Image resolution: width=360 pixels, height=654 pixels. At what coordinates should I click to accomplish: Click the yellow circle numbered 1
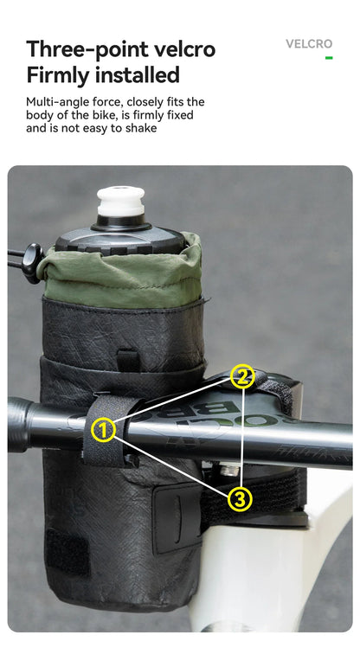coord(103,431)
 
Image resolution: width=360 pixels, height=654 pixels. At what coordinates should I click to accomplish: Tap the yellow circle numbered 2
coord(242,376)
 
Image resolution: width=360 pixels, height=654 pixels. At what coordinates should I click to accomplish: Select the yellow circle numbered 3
coord(240,498)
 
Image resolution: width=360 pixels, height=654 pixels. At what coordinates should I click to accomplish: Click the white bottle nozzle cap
coord(121,202)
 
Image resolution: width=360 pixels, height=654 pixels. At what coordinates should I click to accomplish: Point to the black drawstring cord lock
coord(33,263)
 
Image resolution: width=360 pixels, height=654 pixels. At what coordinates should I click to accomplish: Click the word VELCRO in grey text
coord(309,44)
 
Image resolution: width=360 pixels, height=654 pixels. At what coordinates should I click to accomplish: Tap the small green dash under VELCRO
coord(329,58)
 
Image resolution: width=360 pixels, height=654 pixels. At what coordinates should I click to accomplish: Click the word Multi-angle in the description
coord(54,103)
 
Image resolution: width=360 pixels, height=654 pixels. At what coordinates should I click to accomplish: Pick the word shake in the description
coord(141,128)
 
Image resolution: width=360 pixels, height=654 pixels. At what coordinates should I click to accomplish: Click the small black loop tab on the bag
coord(128,360)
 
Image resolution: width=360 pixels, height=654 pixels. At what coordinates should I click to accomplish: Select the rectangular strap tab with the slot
coord(177,517)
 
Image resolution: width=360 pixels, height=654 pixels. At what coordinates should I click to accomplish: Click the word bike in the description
coord(100,115)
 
